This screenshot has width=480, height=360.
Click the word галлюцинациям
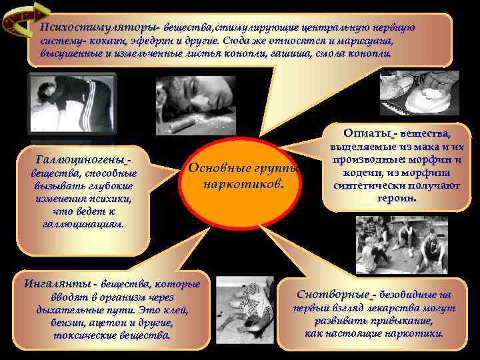83,225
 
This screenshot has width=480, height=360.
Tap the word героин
397,198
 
